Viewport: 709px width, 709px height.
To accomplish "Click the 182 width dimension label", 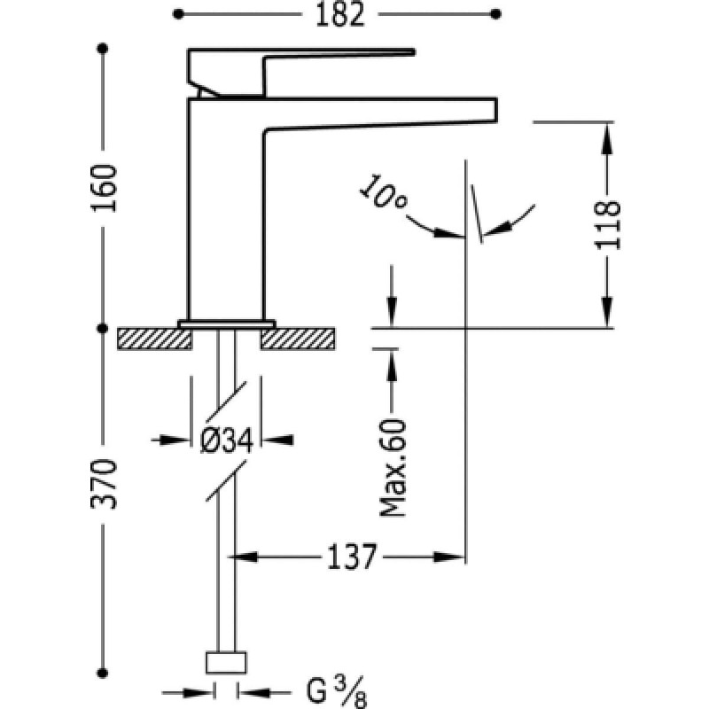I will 338,14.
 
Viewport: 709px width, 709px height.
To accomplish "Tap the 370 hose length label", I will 104,484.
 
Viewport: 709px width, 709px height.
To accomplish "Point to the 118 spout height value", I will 607,226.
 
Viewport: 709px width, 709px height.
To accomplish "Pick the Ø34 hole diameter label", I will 227,440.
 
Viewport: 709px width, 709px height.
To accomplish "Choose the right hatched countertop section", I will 298,338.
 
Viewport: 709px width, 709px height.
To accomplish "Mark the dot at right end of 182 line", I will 495,14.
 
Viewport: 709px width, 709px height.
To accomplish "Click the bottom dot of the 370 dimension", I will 104,670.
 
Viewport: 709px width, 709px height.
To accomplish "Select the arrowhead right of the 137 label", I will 448,557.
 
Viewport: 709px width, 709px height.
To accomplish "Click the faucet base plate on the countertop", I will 227,323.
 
